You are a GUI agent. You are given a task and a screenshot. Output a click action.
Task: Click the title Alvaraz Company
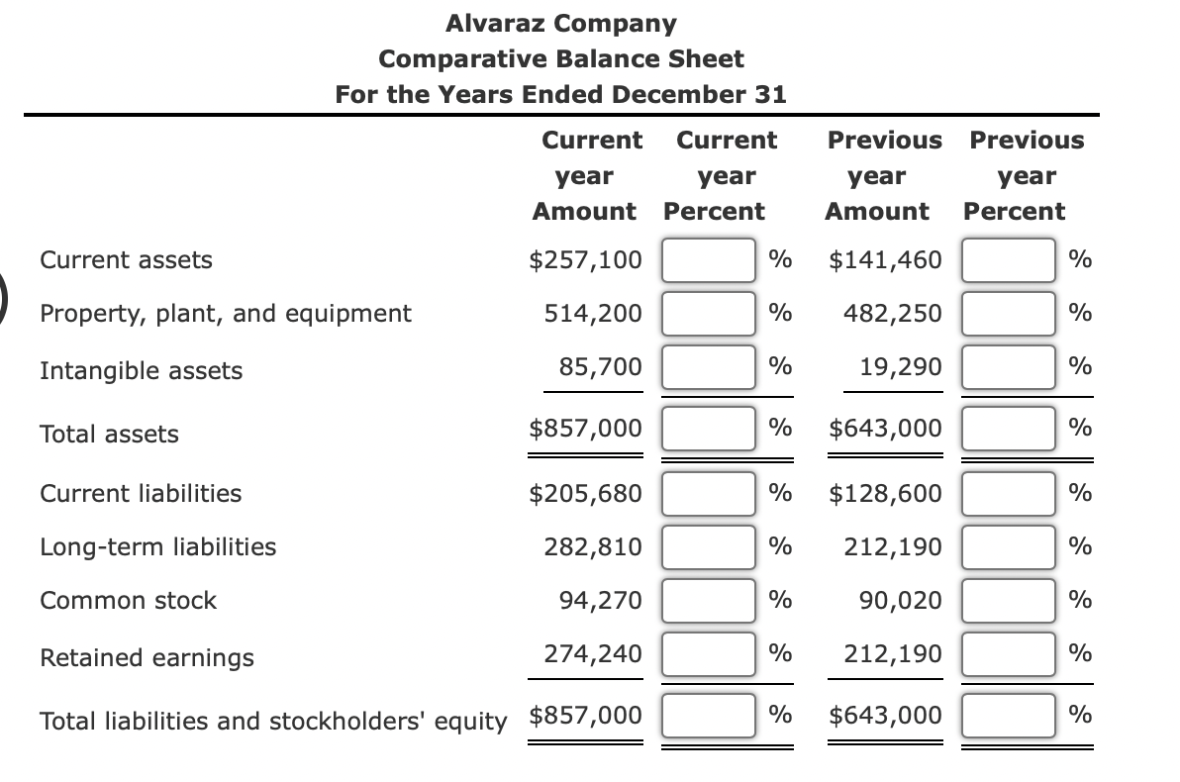click(x=561, y=23)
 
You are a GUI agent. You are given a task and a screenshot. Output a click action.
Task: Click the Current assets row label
click(x=126, y=260)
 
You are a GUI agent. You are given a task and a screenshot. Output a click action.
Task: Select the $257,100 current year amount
click(x=586, y=260)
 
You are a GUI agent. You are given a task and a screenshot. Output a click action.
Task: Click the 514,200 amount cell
click(x=593, y=314)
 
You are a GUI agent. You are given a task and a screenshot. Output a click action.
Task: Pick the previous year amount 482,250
click(x=893, y=314)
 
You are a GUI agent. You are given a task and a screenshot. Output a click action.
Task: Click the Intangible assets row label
click(x=141, y=371)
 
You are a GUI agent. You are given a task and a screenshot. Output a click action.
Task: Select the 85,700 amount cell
click(x=600, y=368)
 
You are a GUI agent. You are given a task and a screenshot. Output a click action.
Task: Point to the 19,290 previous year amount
click(x=900, y=368)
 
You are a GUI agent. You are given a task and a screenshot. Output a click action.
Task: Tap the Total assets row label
click(x=109, y=434)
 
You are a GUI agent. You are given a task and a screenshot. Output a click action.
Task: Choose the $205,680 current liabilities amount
click(x=586, y=493)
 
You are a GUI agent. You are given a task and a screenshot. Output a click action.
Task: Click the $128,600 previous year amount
click(x=886, y=493)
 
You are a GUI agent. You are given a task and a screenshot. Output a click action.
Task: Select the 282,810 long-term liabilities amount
click(x=593, y=546)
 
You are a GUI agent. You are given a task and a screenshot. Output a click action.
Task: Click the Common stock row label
click(x=128, y=600)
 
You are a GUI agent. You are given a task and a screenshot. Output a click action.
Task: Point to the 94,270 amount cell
click(x=600, y=600)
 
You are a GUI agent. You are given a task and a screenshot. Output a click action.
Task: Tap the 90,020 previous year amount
click(x=900, y=600)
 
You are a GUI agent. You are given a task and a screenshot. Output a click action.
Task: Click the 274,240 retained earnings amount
click(x=593, y=653)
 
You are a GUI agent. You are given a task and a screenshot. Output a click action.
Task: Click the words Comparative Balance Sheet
click(x=561, y=58)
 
